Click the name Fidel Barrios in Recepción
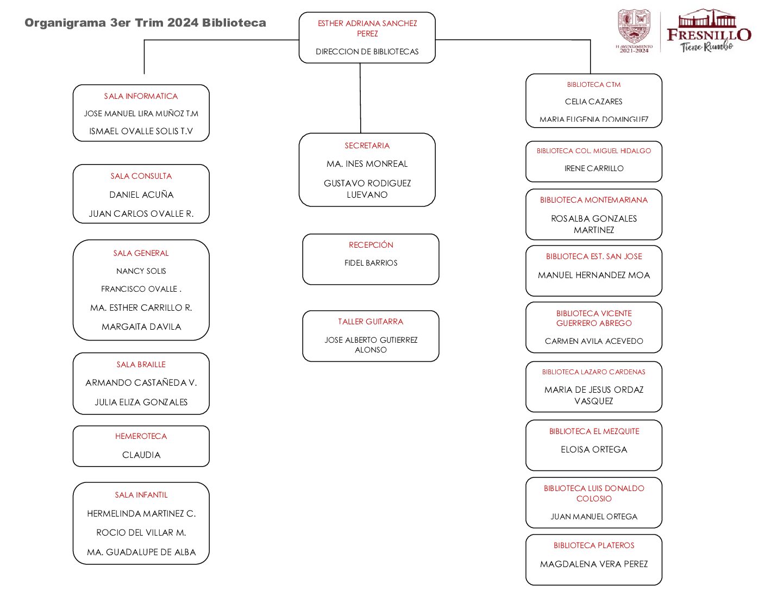[371, 263]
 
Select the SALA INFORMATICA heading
[141, 96]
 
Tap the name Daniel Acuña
[141, 194]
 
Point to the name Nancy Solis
[141, 271]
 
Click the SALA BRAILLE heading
[141, 364]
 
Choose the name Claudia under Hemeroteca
[141, 455]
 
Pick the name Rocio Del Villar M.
[141, 533]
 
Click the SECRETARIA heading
[367, 146]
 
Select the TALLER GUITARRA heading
[371, 322]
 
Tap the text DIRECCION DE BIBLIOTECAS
[367, 52]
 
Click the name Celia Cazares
[593, 102]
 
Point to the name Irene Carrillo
[594, 168]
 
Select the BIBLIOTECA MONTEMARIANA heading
[594, 200]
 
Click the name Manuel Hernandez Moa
[594, 275]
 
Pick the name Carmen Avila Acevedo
[594, 341]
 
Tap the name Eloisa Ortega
[594, 450]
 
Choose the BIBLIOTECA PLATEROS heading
[594, 545]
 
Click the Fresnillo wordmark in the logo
[708, 35]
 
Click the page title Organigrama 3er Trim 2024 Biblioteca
[145, 23]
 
